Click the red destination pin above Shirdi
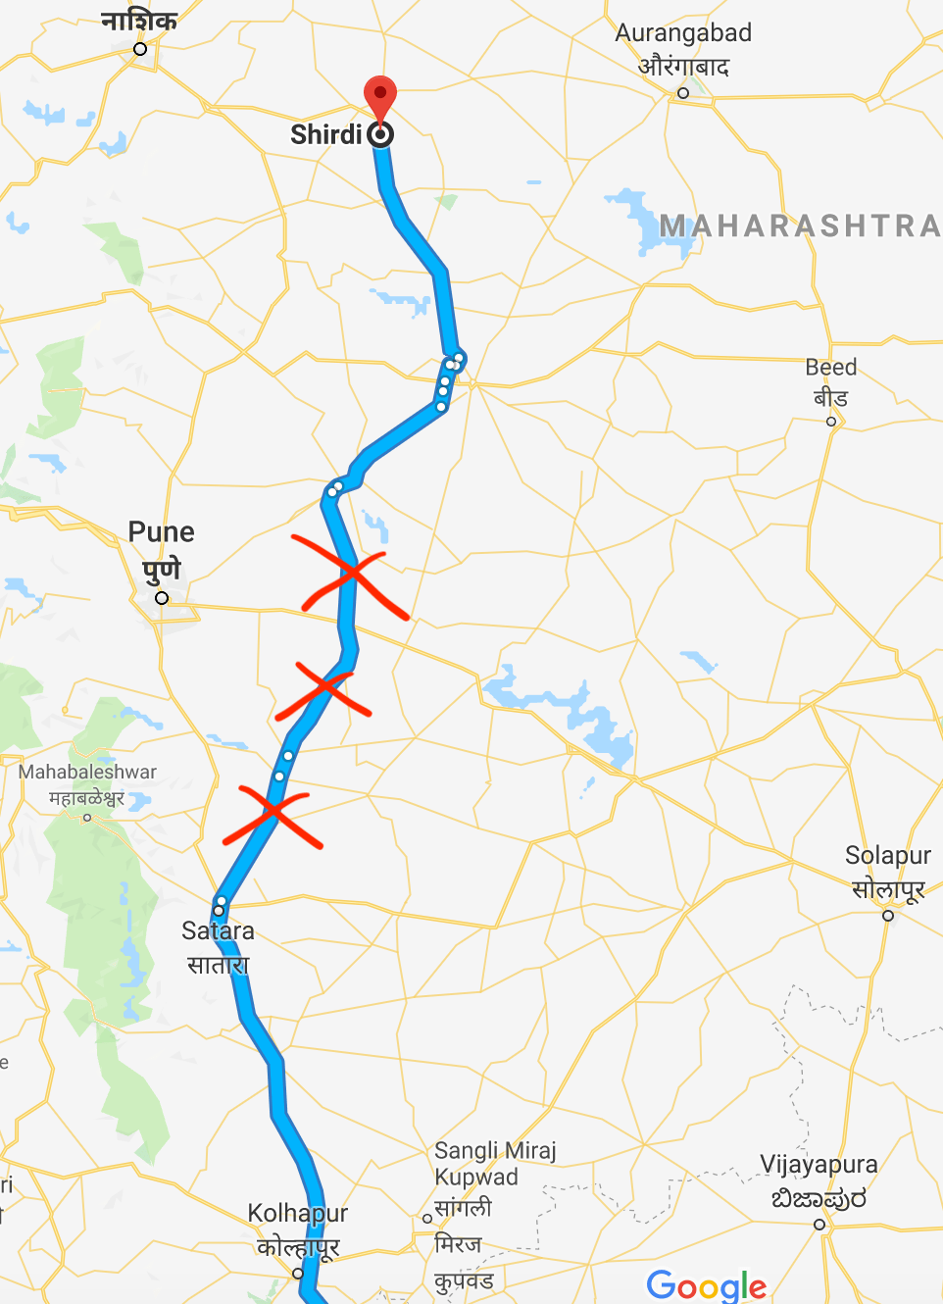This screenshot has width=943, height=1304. click(x=380, y=99)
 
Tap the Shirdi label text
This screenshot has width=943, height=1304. click(x=325, y=134)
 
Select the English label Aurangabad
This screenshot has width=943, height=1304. click(x=683, y=33)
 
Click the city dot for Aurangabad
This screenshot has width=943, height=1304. click(x=683, y=93)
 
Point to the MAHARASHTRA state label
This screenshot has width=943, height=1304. click(x=800, y=226)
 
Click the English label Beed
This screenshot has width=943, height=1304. click(x=831, y=368)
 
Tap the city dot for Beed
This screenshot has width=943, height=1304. click(x=831, y=422)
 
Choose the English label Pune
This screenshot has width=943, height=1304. click(x=162, y=532)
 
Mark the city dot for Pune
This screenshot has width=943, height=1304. click(x=162, y=598)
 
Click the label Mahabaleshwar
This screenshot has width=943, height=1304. click(x=87, y=773)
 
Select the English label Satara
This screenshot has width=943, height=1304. click(x=218, y=931)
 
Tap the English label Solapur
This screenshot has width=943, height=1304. click(x=888, y=856)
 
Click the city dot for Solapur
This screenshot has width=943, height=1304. click(x=888, y=916)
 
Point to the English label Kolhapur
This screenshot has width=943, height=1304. click(x=298, y=1214)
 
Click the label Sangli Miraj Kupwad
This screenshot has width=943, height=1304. click(x=494, y=1164)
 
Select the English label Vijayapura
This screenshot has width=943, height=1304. click(x=819, y=1165)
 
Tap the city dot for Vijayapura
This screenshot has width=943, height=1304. click(x=819, y=1225)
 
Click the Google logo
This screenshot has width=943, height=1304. click(x=707, y=1285)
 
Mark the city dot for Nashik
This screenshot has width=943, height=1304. click(x=140, y=49)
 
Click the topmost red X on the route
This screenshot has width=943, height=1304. click(x=352, y=576)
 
